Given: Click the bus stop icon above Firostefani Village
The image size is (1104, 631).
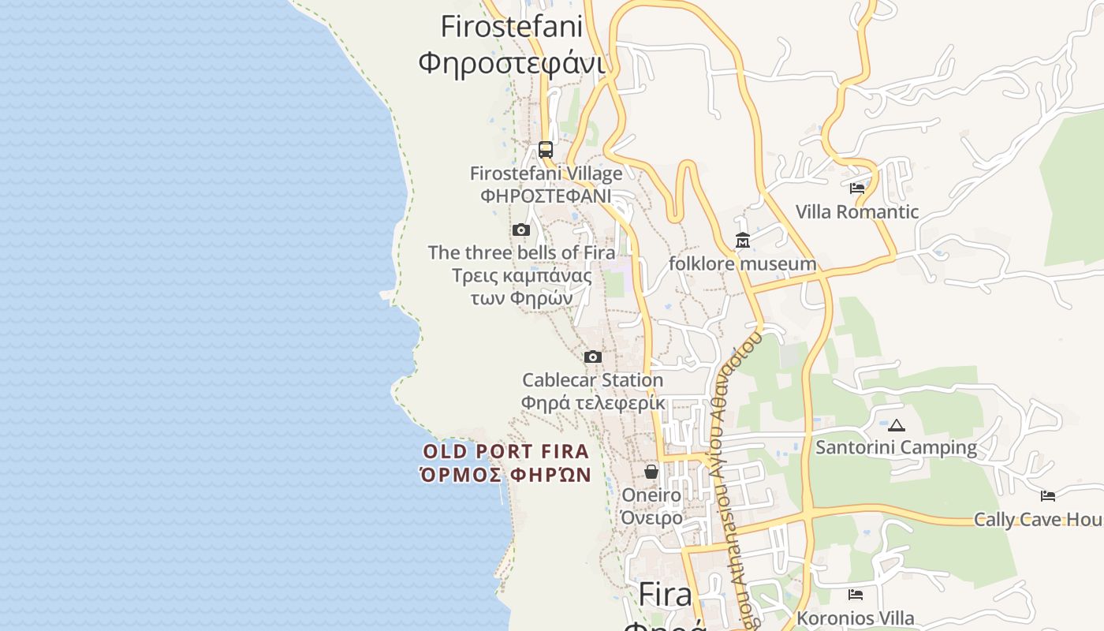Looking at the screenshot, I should pos(545,149).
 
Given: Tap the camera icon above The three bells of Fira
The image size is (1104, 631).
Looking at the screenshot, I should pos(520,230).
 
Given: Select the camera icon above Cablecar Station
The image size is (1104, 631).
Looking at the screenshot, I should pos(593,357).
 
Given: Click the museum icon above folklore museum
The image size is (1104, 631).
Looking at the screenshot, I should pos(742,240).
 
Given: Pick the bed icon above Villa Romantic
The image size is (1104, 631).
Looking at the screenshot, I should pos(857,189).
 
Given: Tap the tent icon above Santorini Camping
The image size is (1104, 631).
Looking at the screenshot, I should pos(896,426).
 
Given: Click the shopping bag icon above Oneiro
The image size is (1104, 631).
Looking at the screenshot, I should pos(651,472).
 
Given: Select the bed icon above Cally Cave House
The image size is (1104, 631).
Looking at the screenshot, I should pos(1047,496).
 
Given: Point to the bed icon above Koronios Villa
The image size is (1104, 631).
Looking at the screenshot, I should pos(856,595).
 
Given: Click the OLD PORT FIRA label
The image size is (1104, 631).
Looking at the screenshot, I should pos(506,452).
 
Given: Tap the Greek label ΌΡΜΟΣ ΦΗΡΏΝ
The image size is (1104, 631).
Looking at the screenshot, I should pos(506,475).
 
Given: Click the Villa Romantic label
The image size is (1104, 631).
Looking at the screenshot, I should pos(857,211).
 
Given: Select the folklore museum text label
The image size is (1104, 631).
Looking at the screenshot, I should pos(742,263).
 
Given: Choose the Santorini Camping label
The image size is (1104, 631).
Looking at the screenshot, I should pos(896,448).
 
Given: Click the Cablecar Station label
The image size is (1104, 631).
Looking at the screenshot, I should pos(593,380).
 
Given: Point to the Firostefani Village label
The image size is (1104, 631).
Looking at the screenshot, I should pos(546,174).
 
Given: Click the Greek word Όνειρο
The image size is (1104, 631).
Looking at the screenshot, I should pos(651,518).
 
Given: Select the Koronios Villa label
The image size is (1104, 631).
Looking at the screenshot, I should pos(856,618).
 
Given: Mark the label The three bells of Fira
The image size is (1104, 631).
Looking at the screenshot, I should pos(521,253).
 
